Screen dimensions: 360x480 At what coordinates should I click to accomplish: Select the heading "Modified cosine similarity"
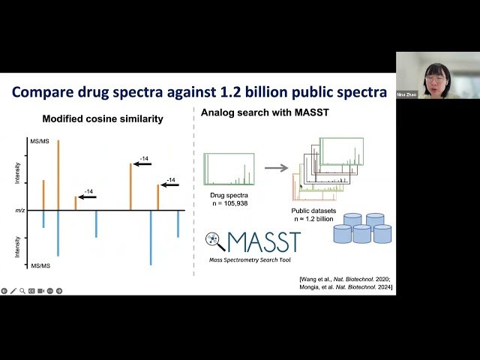pyautogui.click(x=103, y=118)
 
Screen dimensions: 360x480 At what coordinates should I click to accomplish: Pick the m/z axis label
pyautogui.click(x=19, y=210)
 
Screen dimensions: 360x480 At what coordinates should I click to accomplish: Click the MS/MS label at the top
pyautogui.click(x=39, y=141)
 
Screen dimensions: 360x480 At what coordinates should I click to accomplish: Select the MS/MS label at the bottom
pyautogui.click(x=39, y=265)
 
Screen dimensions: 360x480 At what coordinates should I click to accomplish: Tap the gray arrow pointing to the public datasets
pyautogui.click(x=277, y=167)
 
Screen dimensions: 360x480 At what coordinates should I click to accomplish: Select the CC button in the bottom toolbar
pyautogui.click(x=31, y=291)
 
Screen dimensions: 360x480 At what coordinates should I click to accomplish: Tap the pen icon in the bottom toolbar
pyautogui.click(x=13, y=291)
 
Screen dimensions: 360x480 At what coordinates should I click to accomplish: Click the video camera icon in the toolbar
pyautogui.click(x=40, y=291)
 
